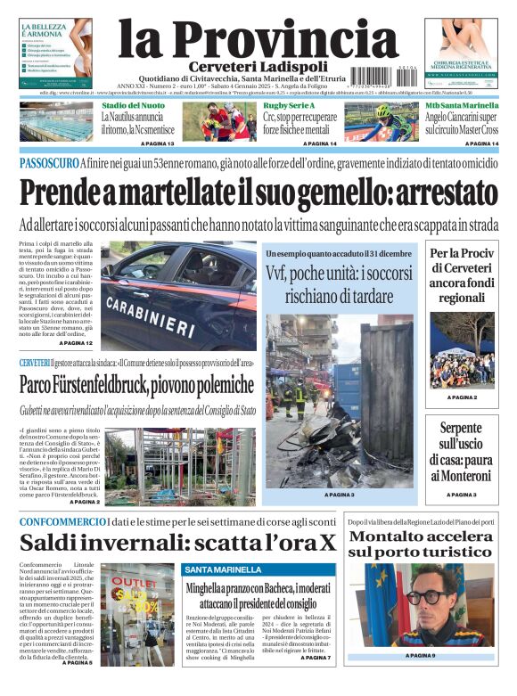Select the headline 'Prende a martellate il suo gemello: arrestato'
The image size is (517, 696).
point(258,192)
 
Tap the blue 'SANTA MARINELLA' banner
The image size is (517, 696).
point(218,569)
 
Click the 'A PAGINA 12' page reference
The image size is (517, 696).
point(76,343)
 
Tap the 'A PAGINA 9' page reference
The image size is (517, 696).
point(420,656)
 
